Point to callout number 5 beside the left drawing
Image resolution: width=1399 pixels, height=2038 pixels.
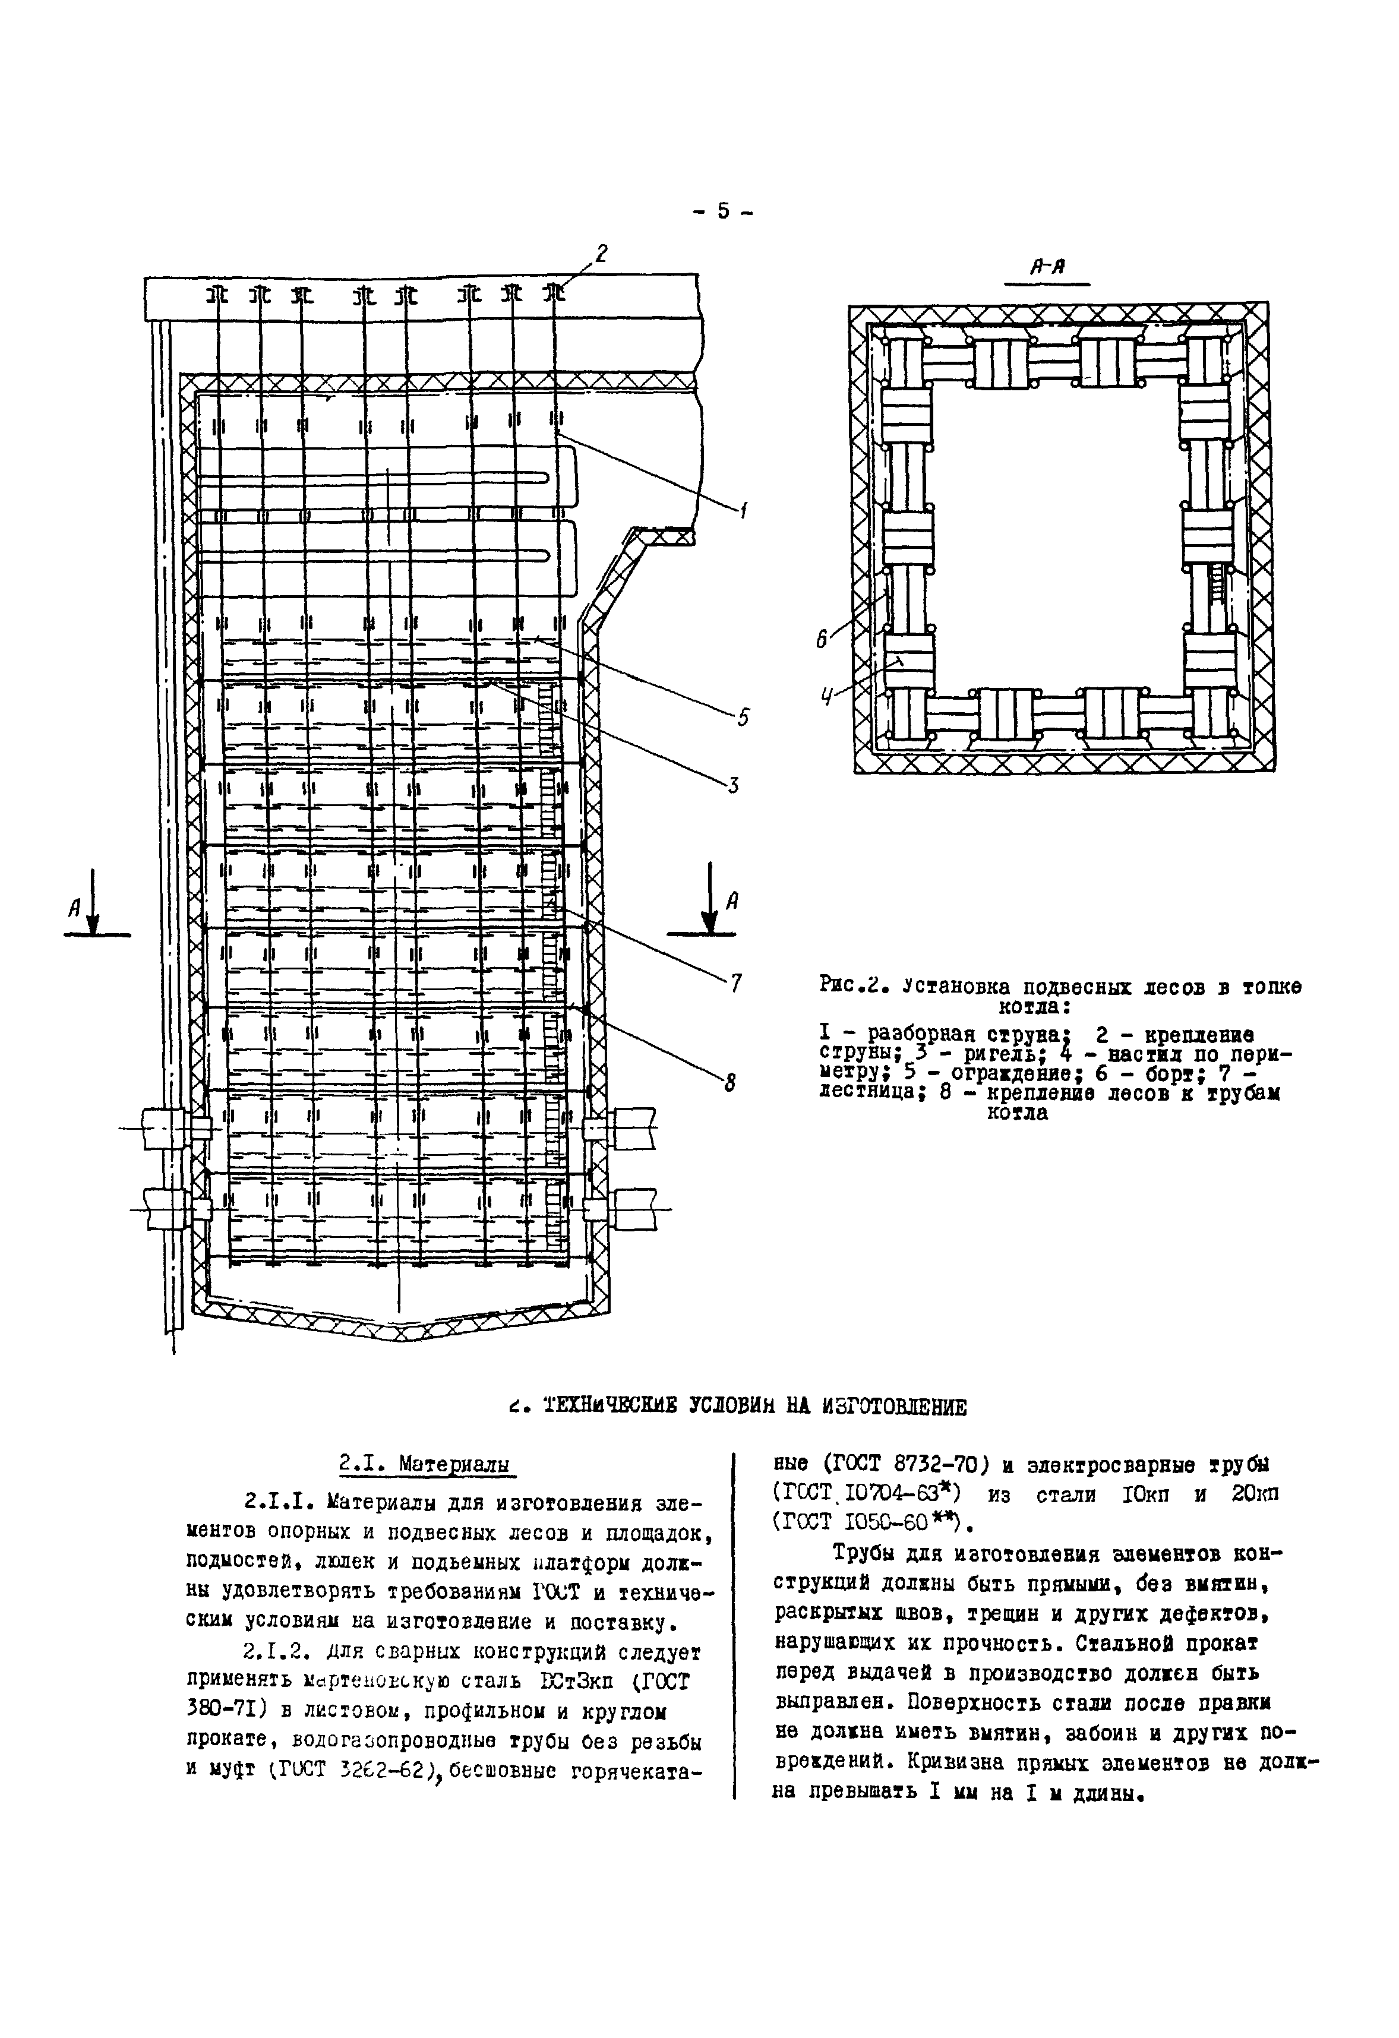click(x=743, y=716)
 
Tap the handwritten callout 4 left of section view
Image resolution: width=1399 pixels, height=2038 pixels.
click(x=825, y=698)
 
